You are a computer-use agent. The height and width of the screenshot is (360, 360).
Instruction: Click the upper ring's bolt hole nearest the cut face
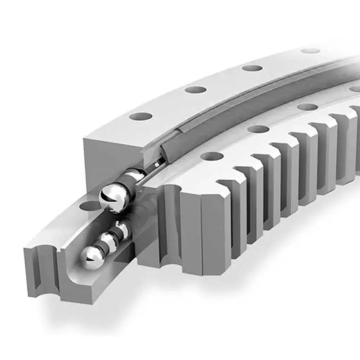[141, 117]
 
